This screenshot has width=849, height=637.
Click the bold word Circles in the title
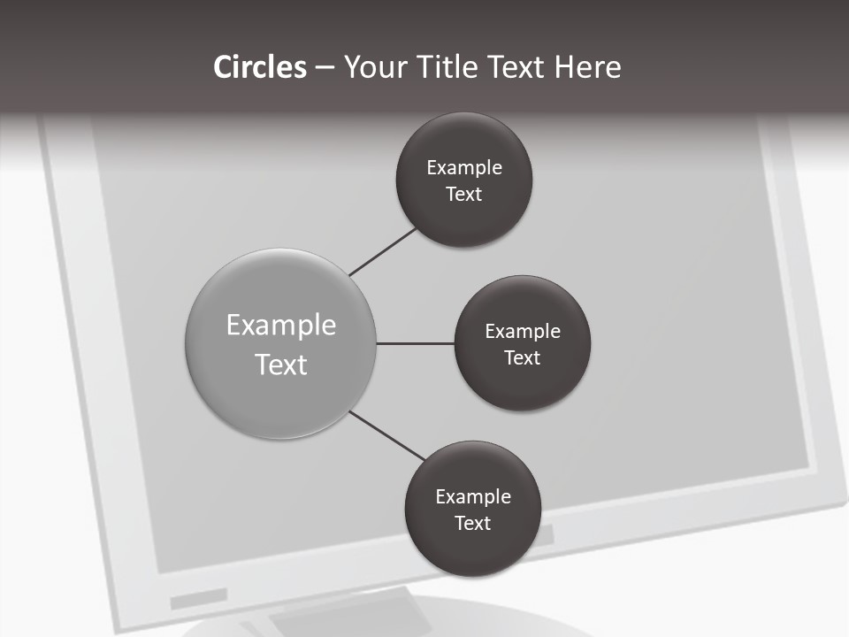260,67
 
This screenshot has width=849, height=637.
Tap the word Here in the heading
587,67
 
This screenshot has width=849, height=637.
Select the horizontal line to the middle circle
416,343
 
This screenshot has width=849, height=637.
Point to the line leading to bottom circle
387,435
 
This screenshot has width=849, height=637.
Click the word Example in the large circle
281,326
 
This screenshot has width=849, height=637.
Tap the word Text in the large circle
281,365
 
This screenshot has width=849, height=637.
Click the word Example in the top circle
464,168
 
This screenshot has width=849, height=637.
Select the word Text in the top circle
464,195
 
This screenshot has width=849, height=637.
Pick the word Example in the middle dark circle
523,332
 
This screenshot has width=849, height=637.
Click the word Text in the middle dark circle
523,358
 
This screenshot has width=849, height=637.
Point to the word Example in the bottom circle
473,497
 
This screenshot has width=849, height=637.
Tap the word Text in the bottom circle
473,524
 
